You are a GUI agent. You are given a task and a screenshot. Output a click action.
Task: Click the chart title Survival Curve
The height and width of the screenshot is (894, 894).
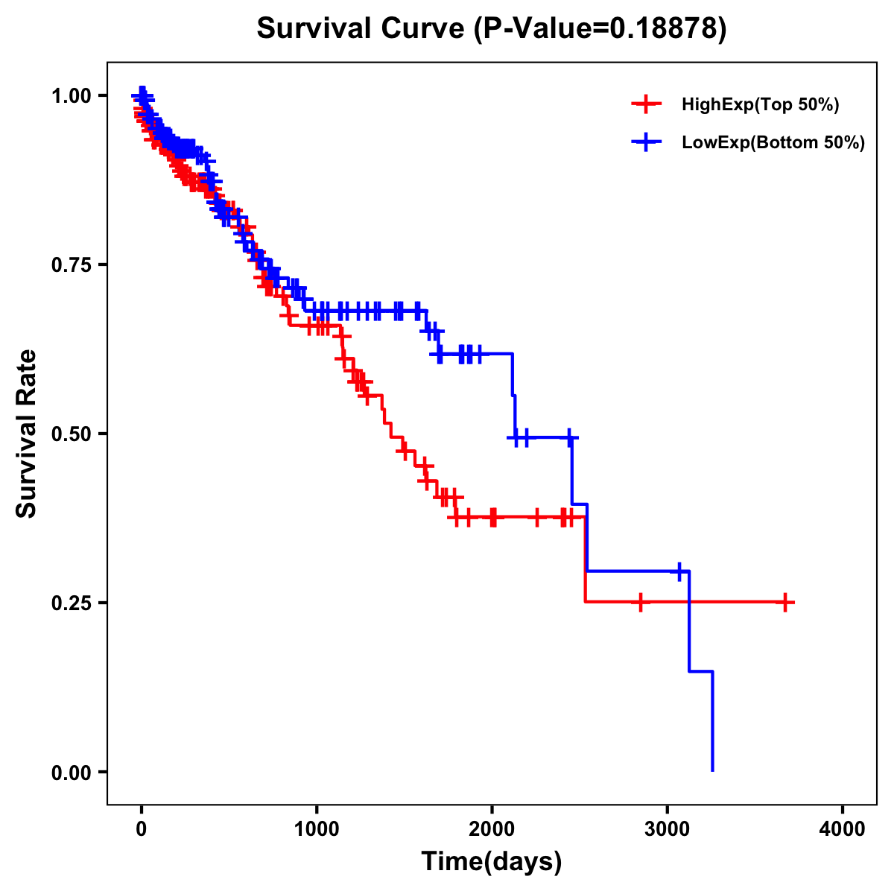[491, 28]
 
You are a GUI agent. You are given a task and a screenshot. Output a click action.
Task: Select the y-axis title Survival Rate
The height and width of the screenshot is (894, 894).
[27, 433]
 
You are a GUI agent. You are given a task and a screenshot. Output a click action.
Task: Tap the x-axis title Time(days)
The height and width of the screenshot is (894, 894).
[492, 861]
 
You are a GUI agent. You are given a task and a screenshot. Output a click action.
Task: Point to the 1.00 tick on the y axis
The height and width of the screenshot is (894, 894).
[72, 95]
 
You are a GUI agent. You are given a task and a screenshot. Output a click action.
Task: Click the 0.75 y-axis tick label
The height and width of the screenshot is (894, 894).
[72, 264]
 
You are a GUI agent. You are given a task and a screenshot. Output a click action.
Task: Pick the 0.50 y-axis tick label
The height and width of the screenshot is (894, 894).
[72, 434]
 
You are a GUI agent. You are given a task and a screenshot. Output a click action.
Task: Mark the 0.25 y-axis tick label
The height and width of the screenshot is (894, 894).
[72, 603]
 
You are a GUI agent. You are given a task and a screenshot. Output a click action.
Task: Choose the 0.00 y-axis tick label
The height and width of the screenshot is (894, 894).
[72, 772]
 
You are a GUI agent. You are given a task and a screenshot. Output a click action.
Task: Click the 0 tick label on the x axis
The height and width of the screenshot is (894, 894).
[142, 829]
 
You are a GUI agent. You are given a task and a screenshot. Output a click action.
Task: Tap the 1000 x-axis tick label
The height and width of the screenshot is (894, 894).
[317, 829]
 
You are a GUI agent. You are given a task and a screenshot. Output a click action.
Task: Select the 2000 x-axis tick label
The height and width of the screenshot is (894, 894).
[492, 829]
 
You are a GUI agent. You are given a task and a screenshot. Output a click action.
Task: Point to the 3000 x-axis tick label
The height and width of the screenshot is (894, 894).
[668, 829]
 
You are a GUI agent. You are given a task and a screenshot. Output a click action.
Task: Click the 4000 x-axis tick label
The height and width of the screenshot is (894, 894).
[843, 829]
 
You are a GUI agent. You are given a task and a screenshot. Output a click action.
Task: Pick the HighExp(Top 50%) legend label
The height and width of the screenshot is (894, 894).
[761, 105]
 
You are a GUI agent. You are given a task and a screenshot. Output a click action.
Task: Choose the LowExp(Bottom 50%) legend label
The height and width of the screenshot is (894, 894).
[773, 143]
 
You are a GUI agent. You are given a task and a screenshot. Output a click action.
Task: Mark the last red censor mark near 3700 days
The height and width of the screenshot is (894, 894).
[785, 602]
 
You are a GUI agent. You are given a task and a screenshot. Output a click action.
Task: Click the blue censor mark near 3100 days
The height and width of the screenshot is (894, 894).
[679, 571]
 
